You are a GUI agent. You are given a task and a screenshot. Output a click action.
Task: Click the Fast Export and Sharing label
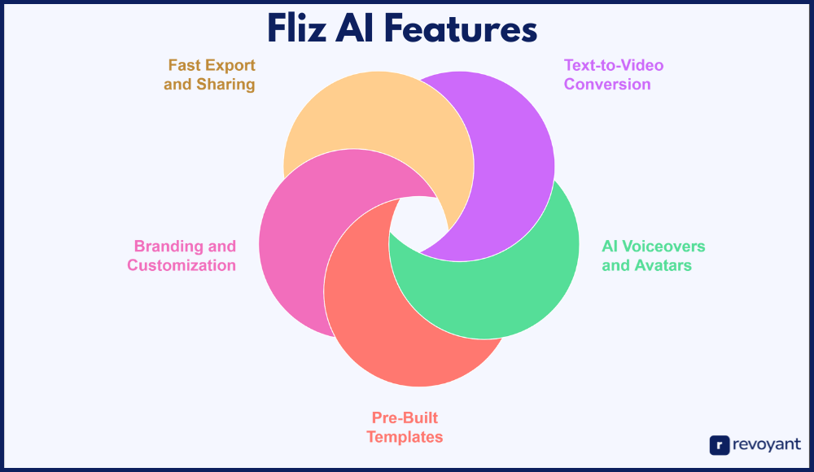pos(210,74)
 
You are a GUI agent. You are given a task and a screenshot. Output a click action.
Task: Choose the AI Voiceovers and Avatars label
pos(653,256)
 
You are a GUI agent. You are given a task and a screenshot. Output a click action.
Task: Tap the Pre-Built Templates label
pos(405,428)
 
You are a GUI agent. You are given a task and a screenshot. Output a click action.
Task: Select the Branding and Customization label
pos(182,256)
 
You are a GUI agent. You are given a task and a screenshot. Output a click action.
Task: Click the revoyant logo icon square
pos(719,444)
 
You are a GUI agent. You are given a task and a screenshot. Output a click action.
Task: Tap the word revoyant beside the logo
pos(766,444)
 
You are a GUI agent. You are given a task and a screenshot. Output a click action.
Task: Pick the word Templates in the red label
pos(405,438)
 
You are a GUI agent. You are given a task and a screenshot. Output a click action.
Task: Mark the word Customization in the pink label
pos(182,265)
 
